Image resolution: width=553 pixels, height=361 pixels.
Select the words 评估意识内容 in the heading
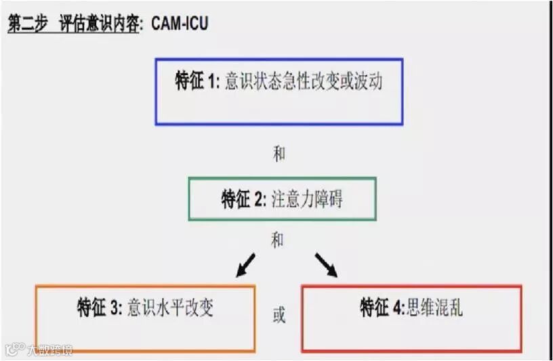[101, 24]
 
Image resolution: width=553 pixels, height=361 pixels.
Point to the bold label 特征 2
[243, 200]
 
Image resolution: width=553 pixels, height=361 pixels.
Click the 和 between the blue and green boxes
[279, 154]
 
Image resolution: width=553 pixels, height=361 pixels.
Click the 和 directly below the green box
[277, 240]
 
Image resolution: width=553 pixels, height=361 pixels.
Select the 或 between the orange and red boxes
[279, 315]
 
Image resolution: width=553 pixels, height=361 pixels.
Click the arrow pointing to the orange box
[245, 265]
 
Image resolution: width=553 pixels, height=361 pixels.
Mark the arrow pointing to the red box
[326, 265]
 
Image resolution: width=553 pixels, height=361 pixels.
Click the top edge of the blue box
[279, 59]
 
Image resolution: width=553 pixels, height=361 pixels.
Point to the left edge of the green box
[190, 199]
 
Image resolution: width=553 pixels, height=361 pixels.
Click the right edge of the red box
[521, 318]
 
